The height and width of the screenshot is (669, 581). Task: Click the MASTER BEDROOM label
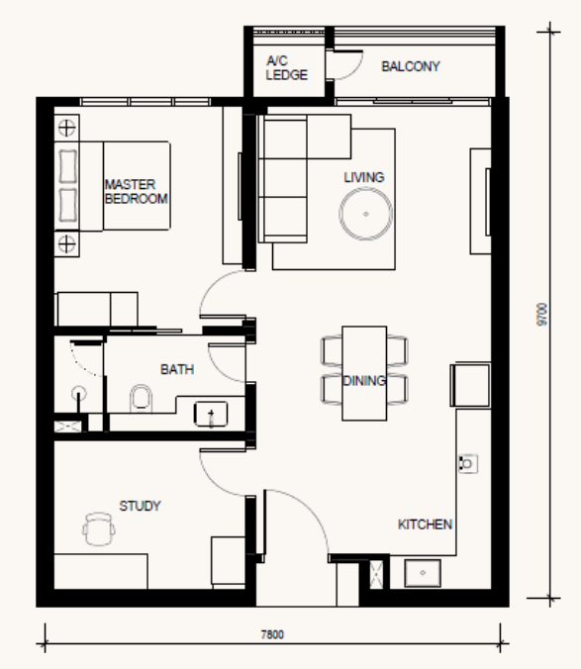136,192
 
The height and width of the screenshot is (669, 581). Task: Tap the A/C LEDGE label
286,68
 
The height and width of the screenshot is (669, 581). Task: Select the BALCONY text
411,66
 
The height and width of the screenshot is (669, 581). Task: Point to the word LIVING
364,177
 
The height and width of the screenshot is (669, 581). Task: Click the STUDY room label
140,506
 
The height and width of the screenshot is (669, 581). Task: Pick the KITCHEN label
425,525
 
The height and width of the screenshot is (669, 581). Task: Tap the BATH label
177,369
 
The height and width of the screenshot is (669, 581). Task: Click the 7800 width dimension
272,634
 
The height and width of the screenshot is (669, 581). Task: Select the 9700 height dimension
541,315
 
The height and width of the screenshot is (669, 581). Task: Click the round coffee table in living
365,214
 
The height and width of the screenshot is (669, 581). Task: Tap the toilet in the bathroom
141,399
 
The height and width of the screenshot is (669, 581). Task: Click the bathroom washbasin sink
211,414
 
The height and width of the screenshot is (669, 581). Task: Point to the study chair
99,529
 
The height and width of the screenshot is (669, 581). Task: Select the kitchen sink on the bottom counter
423,573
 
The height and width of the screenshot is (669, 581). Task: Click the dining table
364,373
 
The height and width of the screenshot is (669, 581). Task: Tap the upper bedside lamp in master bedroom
66,128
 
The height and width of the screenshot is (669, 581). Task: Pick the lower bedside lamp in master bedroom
66,244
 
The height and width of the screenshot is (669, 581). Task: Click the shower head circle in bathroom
78,393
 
